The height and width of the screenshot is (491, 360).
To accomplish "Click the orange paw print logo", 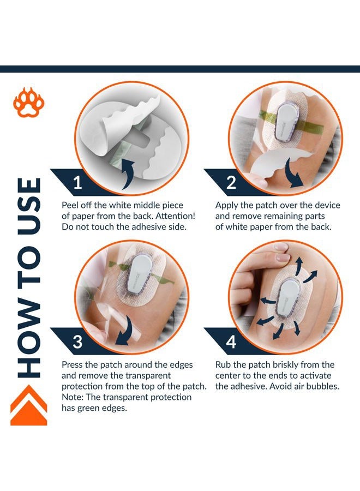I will (29, 103).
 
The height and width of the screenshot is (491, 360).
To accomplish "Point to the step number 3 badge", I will (77, 342).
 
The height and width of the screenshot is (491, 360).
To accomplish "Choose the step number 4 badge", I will (231, 342).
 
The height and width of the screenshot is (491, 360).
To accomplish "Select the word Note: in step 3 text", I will (74, 397).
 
